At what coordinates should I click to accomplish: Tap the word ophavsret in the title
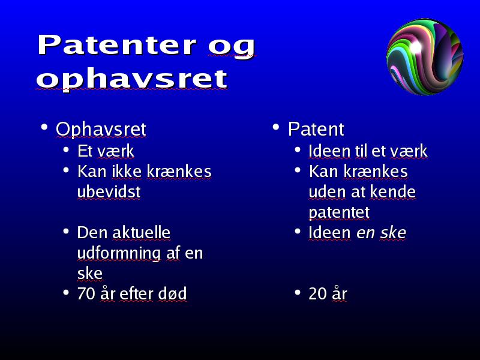(132, 79)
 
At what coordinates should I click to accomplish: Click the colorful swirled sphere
(425, 56)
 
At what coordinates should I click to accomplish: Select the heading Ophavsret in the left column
(101, 129)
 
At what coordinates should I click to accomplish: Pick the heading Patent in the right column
(316, 129)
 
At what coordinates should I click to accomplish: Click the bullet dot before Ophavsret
(44, 127)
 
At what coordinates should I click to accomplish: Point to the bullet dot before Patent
(276, 127)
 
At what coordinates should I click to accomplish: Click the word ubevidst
(109, 192)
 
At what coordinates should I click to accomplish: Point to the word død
(172, 293)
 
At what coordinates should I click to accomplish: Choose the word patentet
(339, 212)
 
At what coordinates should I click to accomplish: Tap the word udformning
(119, 254)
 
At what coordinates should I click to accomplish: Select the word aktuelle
(141, 233)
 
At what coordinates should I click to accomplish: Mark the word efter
(136, 293)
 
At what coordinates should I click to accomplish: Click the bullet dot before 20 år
(297, 292)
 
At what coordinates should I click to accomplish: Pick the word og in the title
(232, 47)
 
